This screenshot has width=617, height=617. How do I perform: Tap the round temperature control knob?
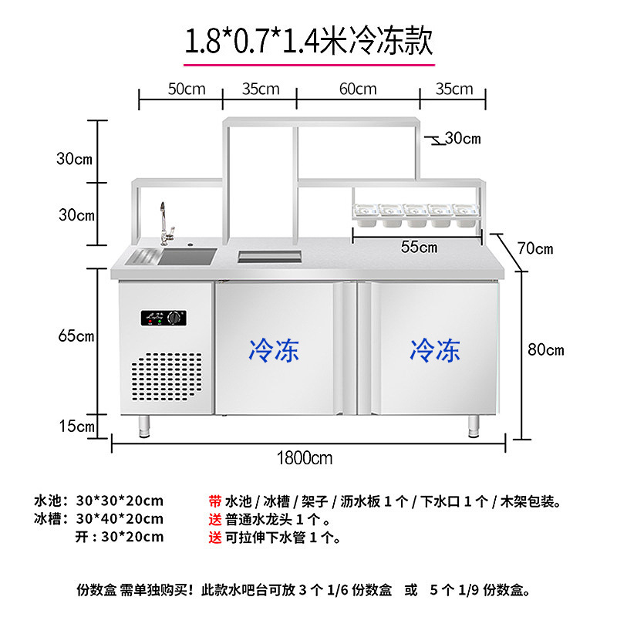(x=178, y=317)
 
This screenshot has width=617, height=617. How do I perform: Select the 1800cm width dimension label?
(x=305, y=458)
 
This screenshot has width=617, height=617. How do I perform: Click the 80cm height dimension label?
(x=545, y=349)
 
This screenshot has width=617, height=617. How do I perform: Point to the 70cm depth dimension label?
(x=534, y=248)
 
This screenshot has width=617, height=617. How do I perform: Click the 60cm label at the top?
(x=358, y=89)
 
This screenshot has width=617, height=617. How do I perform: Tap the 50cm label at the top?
(x=187, y=89)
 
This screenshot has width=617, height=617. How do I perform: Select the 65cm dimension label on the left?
(x=76, y=336)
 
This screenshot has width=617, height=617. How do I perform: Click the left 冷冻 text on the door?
(x=274, y=351)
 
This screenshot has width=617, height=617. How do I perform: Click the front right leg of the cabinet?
(x=474, y=425)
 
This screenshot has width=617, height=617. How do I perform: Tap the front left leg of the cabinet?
(x=143, y=425)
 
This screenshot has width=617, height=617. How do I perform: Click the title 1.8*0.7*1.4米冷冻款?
(x=308, y=39)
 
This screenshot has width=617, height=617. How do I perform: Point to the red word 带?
(x=215, y=501)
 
